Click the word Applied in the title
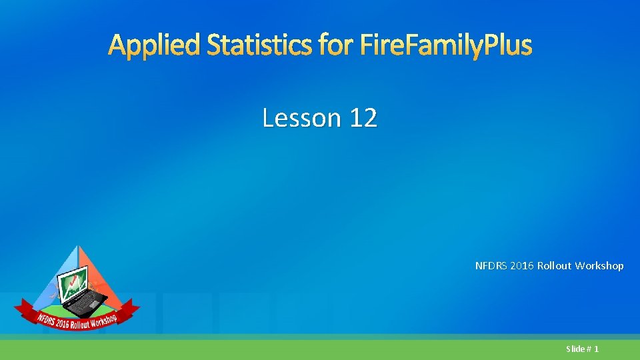(155, 46)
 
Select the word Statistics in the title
(259, 46)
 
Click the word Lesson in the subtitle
(301, 118)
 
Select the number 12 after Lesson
(363, 118)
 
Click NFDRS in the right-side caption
(491, 266)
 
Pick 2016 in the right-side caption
(524, 266)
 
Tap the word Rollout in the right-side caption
(557, 266)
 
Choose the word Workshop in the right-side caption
(600, 266)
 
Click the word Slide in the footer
(575, 349)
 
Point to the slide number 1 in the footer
(596, 349)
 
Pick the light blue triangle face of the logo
(57, 280)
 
